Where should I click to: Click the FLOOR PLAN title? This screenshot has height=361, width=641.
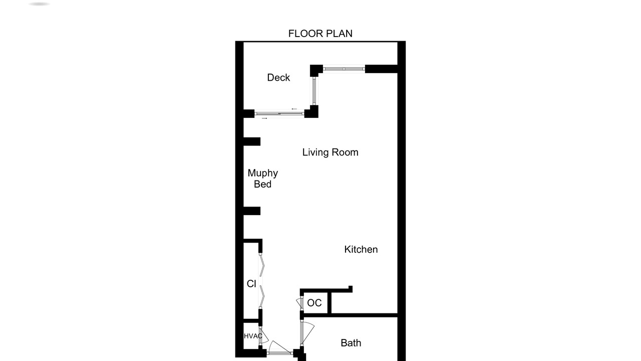tap(320, 34)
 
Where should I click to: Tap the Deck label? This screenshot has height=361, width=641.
tap(278, 77)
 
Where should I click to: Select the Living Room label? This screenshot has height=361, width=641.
tap(330, 152)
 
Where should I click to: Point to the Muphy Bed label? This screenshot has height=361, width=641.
tap(263, 178)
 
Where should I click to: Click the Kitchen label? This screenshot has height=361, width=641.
tap(361, 249)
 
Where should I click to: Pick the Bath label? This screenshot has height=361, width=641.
tap(351, 342)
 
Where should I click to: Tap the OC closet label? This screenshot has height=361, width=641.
tap(314, 302)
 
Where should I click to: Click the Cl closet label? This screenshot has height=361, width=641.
tap(251, 284)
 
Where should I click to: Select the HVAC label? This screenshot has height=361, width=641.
tap(253, 336)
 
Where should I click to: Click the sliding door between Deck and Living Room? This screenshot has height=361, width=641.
tap(279, 114)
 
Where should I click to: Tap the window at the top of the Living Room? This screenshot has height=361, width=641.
tap(344, 69)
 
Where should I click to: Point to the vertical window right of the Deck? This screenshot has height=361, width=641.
tap(314, 91)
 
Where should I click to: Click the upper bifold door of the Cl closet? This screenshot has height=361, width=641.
tap(262, 265)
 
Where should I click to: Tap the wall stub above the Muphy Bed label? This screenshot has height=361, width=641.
tap(252, 141)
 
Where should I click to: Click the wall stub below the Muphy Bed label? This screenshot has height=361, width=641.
tap(252, 211)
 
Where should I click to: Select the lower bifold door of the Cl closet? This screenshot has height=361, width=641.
tap(262, 296)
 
